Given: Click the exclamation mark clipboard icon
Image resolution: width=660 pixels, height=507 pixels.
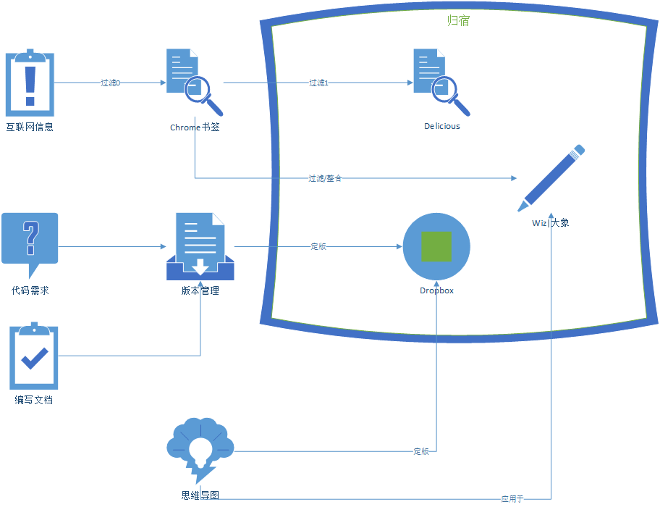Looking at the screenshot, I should click(30, 83).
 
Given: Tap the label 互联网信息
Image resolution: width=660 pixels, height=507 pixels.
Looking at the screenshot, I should click(30, 127).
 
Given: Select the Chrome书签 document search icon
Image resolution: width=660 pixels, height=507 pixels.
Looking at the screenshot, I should click(193, 82).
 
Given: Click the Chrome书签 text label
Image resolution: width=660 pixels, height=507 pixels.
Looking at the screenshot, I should click(195, 127).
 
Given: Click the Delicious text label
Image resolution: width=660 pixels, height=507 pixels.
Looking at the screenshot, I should click(441, 126).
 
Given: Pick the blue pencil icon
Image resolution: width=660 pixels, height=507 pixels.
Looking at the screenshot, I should click(551, 177).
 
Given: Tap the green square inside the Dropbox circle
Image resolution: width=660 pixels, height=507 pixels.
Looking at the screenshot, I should click(436, 246).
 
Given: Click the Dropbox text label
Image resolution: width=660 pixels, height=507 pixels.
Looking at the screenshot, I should click(436, 290).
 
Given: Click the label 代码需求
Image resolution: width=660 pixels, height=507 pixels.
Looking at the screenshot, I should click(30, 290).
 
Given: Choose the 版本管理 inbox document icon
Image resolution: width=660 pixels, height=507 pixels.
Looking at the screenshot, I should click(200, 246).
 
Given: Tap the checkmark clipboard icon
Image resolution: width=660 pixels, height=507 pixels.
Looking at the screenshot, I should click(33, 357).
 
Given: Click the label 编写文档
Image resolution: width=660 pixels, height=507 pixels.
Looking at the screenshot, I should click(33, 400).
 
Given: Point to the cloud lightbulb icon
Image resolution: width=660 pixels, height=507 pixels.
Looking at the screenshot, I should click(200, 450).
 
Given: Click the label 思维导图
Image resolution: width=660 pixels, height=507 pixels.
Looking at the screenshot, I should click(200, 496).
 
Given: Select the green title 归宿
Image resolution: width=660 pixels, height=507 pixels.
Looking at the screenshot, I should click(458, 20).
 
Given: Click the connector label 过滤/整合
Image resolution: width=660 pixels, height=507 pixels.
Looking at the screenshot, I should click(324, 177).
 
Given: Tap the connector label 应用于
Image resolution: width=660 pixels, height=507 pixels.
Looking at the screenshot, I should click(512, 499).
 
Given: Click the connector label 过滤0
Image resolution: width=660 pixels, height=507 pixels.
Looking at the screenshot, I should click(110, 83).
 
